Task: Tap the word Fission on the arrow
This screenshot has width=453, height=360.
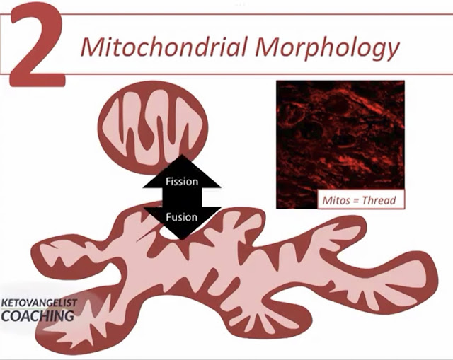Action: [x=181, y=181]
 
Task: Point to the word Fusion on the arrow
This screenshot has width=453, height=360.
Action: [x=181, y=216]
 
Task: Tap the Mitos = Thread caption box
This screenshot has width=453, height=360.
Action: [x=357, y=200]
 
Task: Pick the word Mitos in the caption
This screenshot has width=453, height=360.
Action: [x=333, y=200]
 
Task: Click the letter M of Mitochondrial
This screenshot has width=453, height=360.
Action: [x=91, y=47]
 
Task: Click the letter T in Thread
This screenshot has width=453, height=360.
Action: [x=363, y=200]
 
